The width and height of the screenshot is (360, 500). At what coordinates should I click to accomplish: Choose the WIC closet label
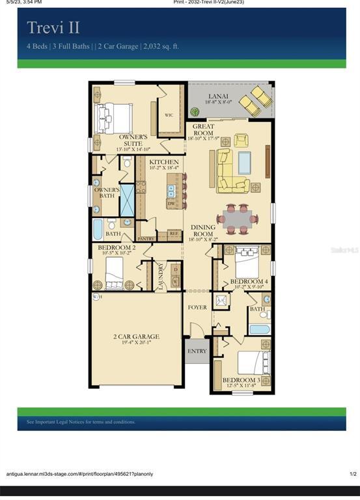[169, 115]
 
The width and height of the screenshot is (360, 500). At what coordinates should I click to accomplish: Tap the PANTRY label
[145, 238]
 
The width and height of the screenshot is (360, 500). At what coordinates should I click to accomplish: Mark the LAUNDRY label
[160, 275]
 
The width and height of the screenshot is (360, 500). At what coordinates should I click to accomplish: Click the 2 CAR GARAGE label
[136, 337]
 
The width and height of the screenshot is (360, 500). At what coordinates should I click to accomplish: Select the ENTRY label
[197, 351]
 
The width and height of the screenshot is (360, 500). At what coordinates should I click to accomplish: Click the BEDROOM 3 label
[240, 380]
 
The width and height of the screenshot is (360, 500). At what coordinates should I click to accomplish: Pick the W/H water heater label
[97, 297]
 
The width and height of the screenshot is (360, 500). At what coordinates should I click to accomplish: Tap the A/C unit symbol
[221, 300]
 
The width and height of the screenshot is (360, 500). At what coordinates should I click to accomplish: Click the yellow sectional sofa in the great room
[229, 171]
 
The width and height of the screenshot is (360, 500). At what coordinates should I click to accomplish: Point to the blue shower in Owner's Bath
[126, 200]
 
